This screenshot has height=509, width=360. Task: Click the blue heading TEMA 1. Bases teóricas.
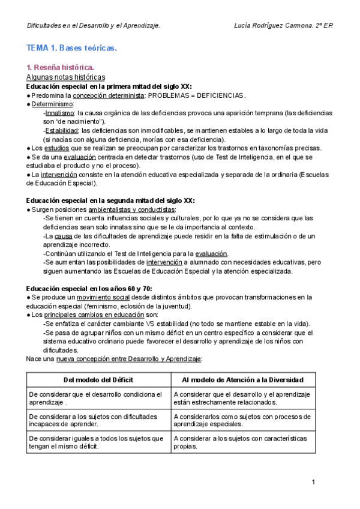pos(71,47)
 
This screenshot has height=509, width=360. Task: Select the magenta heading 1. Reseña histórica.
pos(60,68)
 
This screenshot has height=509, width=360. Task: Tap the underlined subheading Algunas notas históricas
pos(66,77)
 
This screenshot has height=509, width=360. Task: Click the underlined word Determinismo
pos(52,104)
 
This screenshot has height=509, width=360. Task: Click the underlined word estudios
pos(57,148)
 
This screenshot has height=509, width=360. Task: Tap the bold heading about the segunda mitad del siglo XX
pos(110,200)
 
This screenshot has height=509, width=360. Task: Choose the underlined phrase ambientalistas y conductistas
pos(131,209)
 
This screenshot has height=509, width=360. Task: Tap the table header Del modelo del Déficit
pos(98,380)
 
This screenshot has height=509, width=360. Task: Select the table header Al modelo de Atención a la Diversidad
pos(242,380)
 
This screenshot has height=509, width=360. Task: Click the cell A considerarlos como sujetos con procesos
pos(242,420)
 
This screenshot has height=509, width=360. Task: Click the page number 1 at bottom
pos(314,483)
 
